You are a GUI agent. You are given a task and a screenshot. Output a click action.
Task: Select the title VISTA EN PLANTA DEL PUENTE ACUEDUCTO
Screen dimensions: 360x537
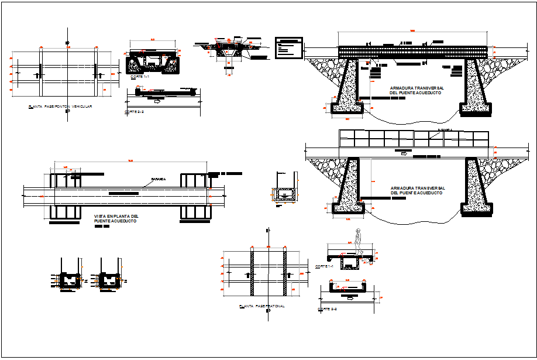[117, 218]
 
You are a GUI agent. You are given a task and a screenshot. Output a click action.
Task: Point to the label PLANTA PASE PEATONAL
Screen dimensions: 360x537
[261, 306]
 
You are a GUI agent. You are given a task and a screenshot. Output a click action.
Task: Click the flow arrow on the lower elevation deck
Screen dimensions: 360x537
[404, 153]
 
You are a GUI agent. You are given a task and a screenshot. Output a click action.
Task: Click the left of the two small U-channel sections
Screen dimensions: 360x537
[72, 280]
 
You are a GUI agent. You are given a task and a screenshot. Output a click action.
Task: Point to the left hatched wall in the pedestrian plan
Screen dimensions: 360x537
[253, 273]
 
